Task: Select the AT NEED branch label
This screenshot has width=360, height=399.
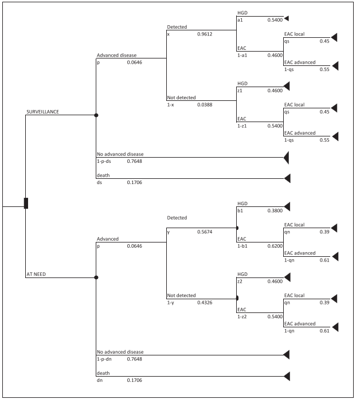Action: [36, 274]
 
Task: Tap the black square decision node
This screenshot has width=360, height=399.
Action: [26, 204]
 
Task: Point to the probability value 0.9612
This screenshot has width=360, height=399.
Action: [205, 34]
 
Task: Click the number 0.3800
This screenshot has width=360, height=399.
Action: [275, 210]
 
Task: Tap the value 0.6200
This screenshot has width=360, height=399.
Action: [275, 245]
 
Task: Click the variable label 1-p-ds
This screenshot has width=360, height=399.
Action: [106, 161]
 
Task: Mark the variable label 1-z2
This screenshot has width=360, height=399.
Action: [243, 316]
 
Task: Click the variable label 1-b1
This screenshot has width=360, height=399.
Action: [243, 245]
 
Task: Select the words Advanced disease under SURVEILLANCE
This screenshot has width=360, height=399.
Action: [116, 56]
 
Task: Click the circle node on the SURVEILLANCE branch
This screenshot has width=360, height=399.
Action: [96, 115]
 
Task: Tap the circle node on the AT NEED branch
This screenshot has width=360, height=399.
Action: [96, 277]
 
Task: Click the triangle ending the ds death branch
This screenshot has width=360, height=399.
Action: [287, 178]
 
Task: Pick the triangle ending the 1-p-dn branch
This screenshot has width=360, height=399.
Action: [287, 355]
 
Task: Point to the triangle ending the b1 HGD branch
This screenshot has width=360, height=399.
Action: [287, 206]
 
